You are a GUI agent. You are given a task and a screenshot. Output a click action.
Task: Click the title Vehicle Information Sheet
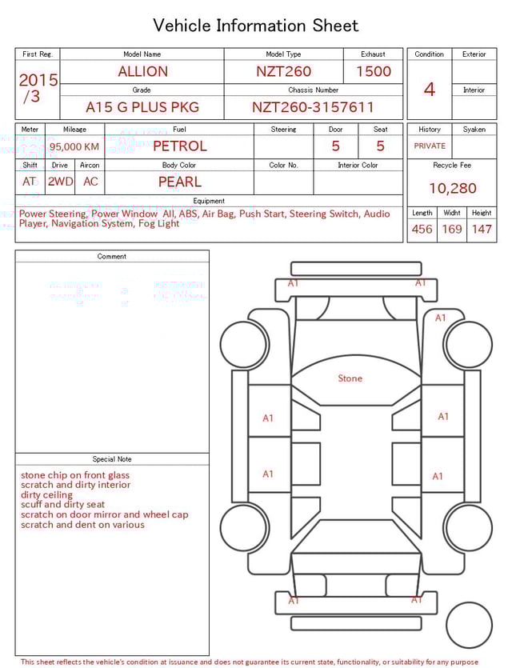(x=256, y=26)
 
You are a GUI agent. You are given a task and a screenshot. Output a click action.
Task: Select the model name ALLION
(x=142, y=71)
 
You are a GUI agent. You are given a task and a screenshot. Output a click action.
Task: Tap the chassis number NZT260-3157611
(x=313, y=107)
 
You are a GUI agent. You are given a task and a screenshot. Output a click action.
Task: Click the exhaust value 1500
(x=373, y=71)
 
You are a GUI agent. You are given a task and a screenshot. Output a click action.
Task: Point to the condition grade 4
(x=429, y=89)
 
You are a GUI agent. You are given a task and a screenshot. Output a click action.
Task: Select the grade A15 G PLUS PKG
(x=142, y=107)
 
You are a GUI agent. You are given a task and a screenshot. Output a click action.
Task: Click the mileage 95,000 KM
(x=74, y=146)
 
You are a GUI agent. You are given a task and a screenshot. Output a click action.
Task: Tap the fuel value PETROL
(x=179, y=146)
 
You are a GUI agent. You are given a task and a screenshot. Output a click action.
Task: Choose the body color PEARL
(x=179, y=182)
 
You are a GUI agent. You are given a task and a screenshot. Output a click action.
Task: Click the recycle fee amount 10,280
(x=452, y=188)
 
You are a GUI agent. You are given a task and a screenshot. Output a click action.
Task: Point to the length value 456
(x=422, y=229)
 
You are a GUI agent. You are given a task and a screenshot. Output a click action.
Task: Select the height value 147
(x=481, y=229)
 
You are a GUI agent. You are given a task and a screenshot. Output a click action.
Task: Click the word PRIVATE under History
(x=430, y=146)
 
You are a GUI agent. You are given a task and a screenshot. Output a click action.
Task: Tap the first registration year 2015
(x=38, y=81)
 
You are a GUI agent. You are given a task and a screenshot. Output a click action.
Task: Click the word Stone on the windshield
(x=350, y=378)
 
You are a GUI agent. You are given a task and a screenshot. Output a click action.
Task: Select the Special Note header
(x=112, y=459)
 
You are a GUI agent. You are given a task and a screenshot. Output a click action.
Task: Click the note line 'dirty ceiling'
(x=47, y=495)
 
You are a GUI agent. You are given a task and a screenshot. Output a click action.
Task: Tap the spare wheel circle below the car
(x=469, y=625)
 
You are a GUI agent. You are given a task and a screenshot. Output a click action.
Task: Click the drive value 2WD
(x=60, y=182)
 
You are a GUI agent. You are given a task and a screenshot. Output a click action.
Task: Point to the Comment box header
(x=112, y=257)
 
